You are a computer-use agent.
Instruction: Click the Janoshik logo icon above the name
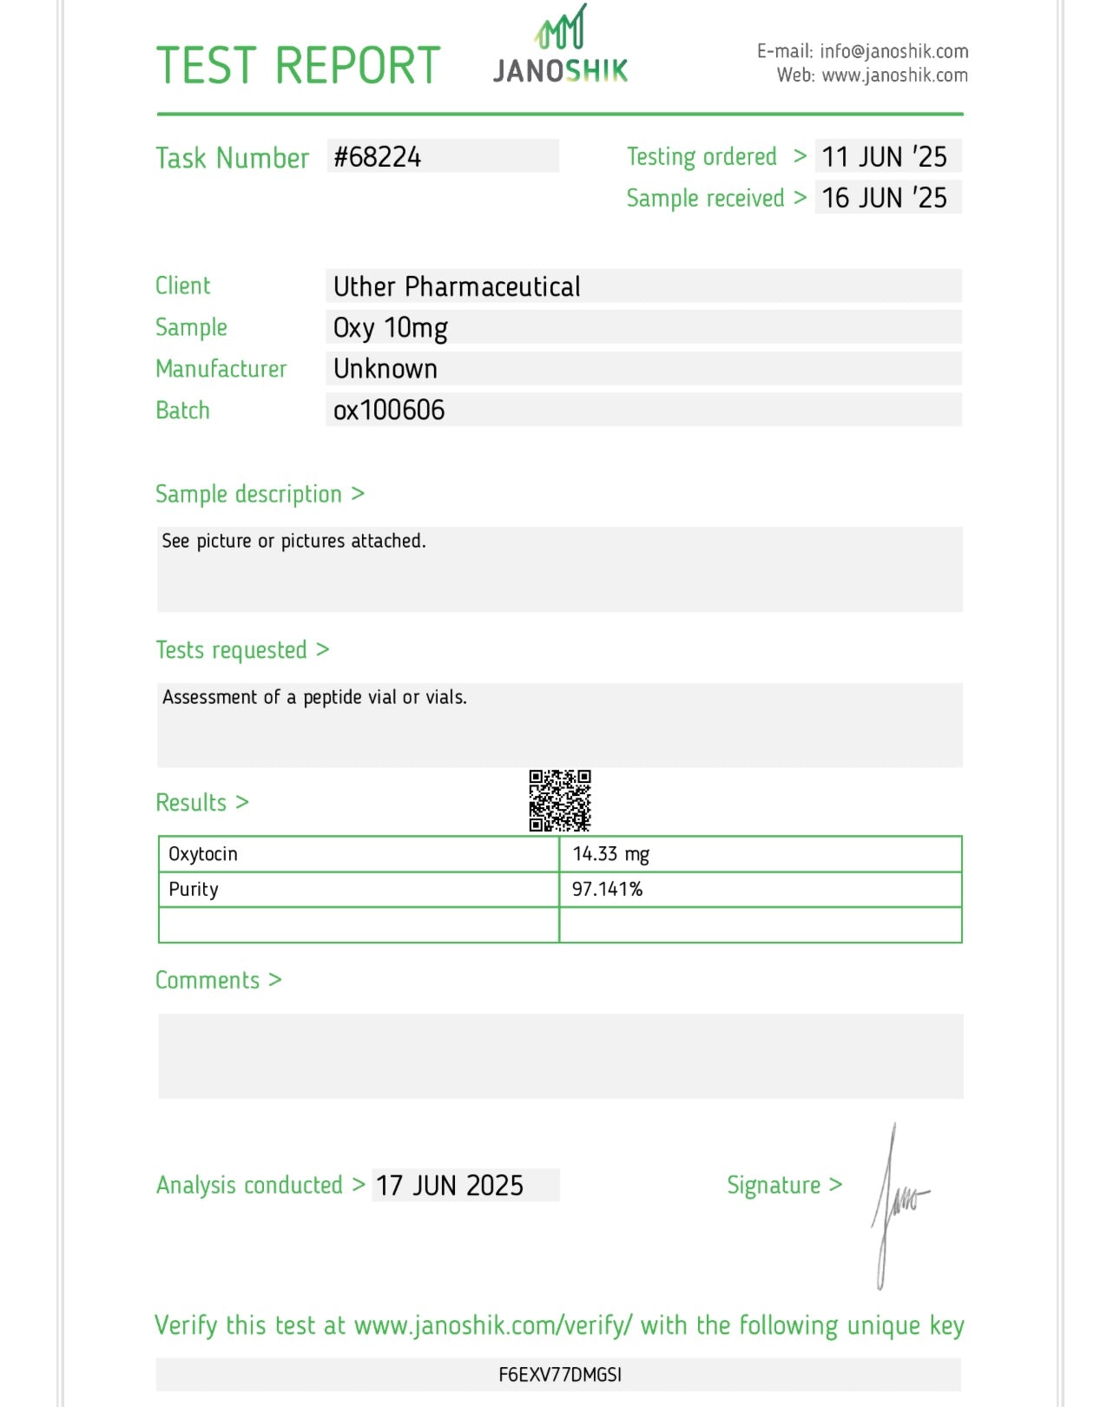click(x=561, y=28)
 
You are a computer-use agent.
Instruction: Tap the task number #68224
click(x=378, y=157)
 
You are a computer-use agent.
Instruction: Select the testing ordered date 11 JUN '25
click(x=885, y=157)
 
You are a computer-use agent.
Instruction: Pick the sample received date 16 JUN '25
click(x=885, y=198)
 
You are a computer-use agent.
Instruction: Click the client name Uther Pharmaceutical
click(x=457, y=286)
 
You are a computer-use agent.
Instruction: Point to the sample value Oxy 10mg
click(x=391, y=328)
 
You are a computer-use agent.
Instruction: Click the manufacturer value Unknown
click(x=385, y=369)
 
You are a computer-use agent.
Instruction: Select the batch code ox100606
click(x=389, y=410)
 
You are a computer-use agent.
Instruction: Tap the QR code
click(x=560, y=800)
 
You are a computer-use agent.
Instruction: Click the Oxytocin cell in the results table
click(x=203, y=854)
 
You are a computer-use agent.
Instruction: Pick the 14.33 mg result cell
click(x=611, y=854)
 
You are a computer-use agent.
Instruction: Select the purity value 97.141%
click(x=607, y=890)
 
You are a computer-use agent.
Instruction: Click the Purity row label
click(x=194, y=890)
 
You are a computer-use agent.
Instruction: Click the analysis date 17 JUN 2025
click(x=450, y=1186)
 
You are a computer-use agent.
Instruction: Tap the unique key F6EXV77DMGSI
click(x=560, y=1375)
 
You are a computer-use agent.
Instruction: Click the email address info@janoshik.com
click(x=893, y=51)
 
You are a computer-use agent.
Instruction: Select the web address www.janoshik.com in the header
click(x=894, y=76)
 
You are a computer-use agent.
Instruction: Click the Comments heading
click(x=208, y=981)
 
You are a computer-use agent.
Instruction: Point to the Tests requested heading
click(x=232, y=650)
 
